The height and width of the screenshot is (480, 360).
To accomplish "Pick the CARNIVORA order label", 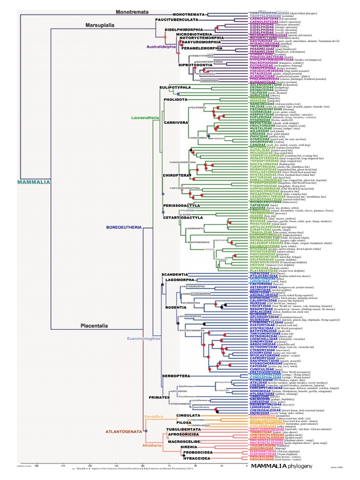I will click(176, 122).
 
